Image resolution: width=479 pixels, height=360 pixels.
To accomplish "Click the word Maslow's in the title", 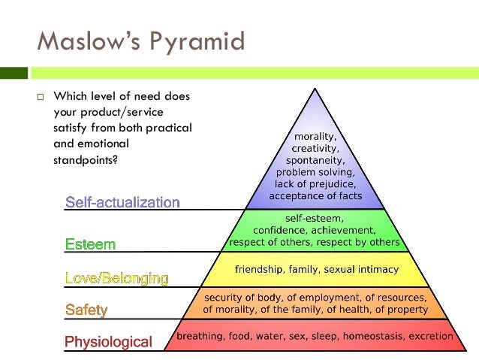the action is pyautogui.click(x=83, y=41).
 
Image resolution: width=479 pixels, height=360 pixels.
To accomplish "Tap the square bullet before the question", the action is pyautogui.click(x=41, y=97).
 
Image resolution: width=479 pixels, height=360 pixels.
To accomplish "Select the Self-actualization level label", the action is pyautogui.click(x=122, y=202).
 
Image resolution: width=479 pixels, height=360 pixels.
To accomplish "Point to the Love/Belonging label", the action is pyautogui.click(x=116, y=278).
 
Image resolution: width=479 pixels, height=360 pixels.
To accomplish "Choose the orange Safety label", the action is pyautogui.click(x=86, y=310).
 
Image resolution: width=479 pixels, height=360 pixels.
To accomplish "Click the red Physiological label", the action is pyautogui.click(x=108, y=342).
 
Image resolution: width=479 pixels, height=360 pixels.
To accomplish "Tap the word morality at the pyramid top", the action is pyautogui.click(x=315, y=137).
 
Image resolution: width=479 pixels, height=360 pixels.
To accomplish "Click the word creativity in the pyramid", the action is pyautogui.click(x=315, y=149).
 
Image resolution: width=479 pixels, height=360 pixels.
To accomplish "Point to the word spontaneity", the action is pyautogui.click(x=315, y=161).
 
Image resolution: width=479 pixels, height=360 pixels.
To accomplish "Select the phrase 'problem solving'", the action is pyautogui.click(x=315, y=173).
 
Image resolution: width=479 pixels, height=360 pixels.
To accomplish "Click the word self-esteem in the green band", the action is pyautogui.click(x=314, y=218).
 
